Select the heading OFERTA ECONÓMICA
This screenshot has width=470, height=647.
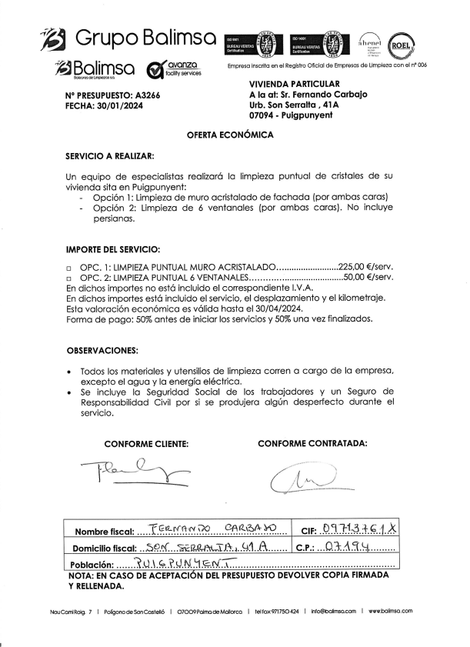pyautogui.click(x=230, y=135)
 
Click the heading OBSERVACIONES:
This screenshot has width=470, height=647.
pyautogui.click(x=102, y=350)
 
